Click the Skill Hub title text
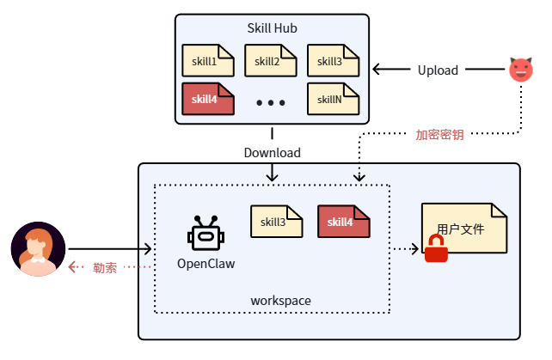pyautogui.click(x=272, y=28)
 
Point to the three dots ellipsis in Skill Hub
pyautogui.click(x=271, y=103)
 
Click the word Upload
pyautogui.click(x=438, y=70)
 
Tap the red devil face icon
pyautogui.click(x=520, y=70)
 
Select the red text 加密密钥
pyautogui.click(x=439, y=135)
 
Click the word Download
pyautogui.click(x=272, y=153)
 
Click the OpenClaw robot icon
pyautogui.click(x=205, y=232)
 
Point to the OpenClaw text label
pyautogui.click(x=205, y=264)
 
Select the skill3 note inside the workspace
pyautogui.click(x=276, y=222)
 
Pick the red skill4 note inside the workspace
pyautogui.click(x=343, y=222)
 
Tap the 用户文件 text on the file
pyautogui.click(x=461, y=229)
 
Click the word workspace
pyautogui.click(x=280, y=301)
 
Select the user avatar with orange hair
pyautogui.click(x=38, y=249)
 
